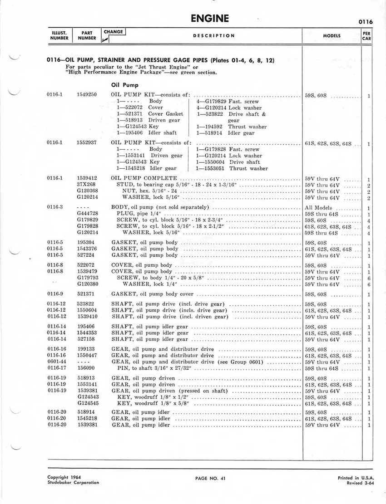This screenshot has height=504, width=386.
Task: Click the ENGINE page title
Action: (209, 19)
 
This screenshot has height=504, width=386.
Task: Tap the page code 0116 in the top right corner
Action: (365, 21)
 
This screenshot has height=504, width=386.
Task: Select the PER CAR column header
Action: (366, 35)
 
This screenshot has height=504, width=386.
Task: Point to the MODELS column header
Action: (332, 35)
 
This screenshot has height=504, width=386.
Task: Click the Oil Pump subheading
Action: (125, 84)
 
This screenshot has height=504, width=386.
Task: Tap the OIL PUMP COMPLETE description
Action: (144, 179)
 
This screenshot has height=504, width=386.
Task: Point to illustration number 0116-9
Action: (57, 294)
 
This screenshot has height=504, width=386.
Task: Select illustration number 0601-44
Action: (57, 362)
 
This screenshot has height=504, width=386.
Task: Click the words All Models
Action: (318, 207)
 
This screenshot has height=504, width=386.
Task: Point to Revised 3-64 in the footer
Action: (358, 483)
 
